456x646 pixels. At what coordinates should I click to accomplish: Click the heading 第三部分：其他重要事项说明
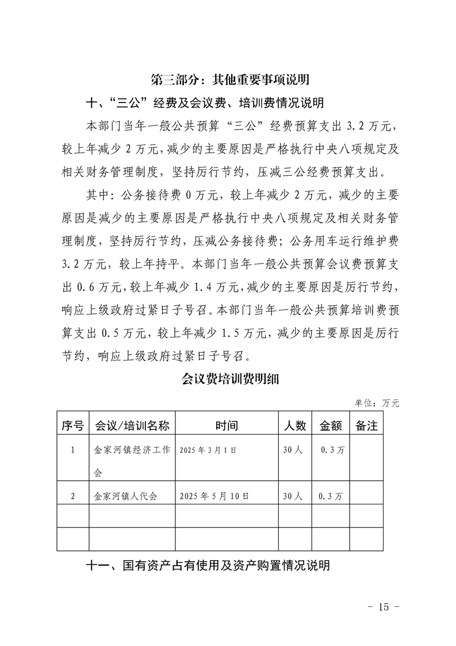[228, 79]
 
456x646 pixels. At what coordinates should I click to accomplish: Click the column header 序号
[72, 426]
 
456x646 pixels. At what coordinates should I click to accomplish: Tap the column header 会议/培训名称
[132, 426]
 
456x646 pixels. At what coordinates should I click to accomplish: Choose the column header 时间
[227, 426]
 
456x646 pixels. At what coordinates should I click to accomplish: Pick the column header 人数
[295, 426]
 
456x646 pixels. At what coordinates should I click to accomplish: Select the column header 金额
[331, 426]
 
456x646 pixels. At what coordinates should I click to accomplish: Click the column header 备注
[366, 426]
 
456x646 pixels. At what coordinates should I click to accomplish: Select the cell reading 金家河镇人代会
[125, 496]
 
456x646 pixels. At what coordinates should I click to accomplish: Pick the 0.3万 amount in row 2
[331, 496]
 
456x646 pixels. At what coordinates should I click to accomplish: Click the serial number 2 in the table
[72, 496]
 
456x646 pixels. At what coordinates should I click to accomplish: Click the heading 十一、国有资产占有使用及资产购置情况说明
[208, 565]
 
